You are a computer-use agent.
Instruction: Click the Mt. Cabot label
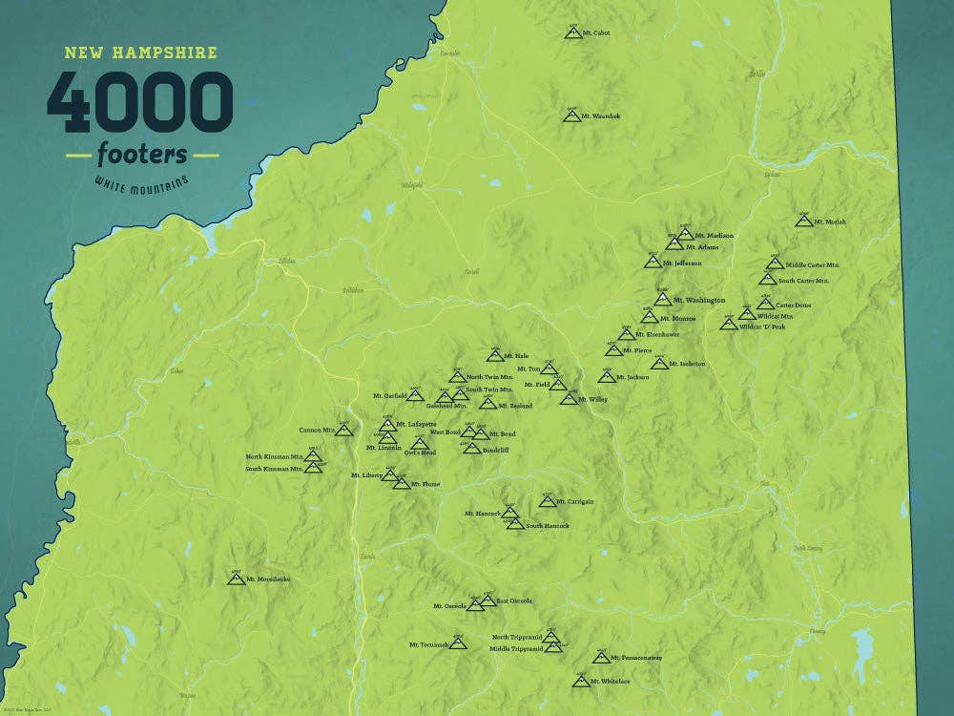595,33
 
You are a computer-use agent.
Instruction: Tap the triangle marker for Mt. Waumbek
572,116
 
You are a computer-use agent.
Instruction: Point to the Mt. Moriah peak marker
804,221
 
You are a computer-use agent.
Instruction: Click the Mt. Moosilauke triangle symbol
236,579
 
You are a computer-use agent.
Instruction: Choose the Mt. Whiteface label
610,681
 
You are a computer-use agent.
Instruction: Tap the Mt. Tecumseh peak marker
459,644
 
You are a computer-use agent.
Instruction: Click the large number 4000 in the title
140,102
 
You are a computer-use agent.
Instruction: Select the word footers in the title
142,154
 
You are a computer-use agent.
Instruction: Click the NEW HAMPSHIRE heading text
140,53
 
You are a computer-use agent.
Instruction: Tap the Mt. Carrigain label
574,501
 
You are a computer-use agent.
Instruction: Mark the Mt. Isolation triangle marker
659,364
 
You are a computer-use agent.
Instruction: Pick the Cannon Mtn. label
317,431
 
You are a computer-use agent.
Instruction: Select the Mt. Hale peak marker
495,356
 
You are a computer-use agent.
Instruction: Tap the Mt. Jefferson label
682,263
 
